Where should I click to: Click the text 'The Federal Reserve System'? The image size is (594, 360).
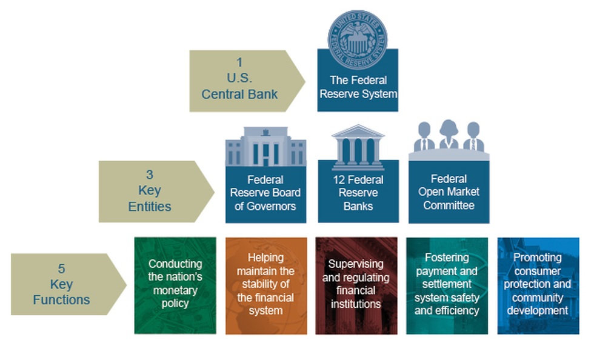358,87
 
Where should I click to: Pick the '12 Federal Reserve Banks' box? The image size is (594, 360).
358,193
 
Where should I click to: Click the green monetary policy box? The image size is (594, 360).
175,285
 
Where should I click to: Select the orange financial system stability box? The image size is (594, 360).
265,285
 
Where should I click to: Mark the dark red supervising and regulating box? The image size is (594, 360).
356,285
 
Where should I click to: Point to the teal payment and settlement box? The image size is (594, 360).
447,285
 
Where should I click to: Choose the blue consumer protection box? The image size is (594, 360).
537,285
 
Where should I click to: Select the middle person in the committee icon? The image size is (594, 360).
449,135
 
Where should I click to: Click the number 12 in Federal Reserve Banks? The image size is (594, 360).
339,180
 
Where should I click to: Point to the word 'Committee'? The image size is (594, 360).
449,205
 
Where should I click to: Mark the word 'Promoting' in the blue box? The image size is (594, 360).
537,258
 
